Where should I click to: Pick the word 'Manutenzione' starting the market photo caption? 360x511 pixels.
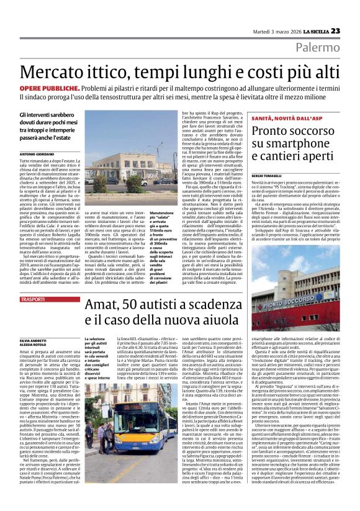point(179,212)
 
